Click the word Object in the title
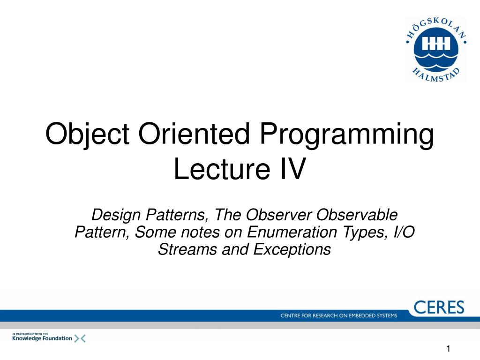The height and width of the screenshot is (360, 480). click(x=87, y=135)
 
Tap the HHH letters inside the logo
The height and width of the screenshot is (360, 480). click(x=436, y=44)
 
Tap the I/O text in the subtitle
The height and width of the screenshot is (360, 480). click(x=402, y=232)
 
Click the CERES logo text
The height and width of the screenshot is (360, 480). click(x=439, y=307)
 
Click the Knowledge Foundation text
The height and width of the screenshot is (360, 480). click(x=42, y=338)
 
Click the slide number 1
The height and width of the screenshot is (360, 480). click(x=448, y=348)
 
